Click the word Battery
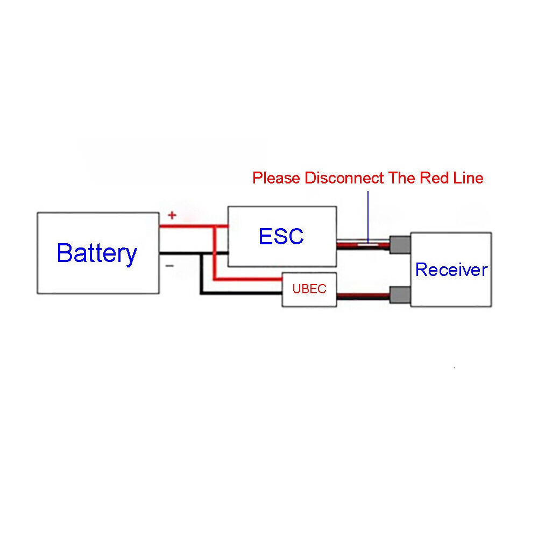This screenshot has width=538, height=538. (x=97, y=253)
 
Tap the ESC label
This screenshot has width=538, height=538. (x=281, y=236)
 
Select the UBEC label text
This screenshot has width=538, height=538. (x=309, y=288)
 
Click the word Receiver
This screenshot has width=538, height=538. (x=451, y=270)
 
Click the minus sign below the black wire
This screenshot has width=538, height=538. (x=169, y=265)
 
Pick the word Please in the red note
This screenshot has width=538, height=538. (x=277, y=178)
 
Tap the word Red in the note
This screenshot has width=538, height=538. (x=430, y=178)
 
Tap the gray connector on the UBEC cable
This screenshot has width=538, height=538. (x=400, y=295)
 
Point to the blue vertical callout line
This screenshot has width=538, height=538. (x=368, y=215)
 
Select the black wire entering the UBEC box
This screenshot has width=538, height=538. (x=242, y=293)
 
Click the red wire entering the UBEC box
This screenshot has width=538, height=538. (x=247, y=279)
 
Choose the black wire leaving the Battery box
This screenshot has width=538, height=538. (x=180, y=253)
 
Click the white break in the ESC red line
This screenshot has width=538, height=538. (x=369, y=245)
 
